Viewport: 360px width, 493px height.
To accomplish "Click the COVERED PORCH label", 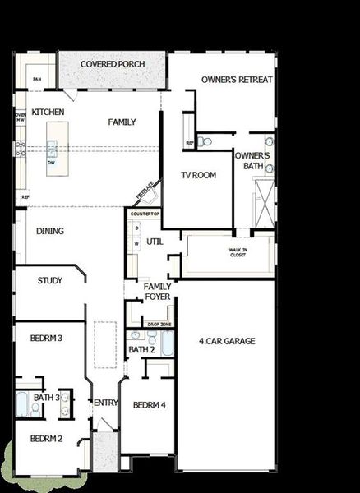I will (x=113, y=64).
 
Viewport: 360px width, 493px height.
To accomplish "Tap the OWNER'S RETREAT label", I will (x=237, y=80).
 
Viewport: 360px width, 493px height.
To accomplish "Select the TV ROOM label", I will (x=199, y=175).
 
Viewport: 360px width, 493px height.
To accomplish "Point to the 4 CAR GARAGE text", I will (x=227, y=341).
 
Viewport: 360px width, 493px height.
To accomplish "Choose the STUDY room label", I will (x=50, y=281).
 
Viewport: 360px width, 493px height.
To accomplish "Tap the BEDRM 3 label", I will (x=47, y=338).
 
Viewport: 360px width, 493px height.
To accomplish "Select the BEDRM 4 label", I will (x=150, y=405).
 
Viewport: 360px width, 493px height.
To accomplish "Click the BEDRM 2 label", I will (x=47, y=439).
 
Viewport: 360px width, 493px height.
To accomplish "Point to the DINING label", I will (x=50, y=232).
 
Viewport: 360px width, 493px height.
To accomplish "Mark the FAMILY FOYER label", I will (x=158, y=291).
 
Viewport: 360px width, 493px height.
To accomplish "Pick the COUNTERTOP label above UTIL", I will (x=144, y=214).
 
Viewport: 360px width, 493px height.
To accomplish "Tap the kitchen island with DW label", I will (x=53, y=146).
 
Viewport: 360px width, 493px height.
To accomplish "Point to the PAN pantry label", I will (x=37, y=79).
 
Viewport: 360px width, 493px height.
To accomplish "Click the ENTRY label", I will (x=106, y=403).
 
